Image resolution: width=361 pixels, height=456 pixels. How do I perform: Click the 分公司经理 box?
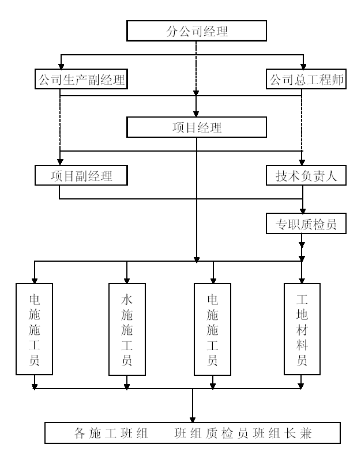(197, 31)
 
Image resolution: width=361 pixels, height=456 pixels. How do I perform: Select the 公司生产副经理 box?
(81, 79)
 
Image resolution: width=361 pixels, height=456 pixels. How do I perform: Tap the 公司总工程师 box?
(306, 79)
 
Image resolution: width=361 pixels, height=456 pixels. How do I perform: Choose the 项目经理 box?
(197, 127)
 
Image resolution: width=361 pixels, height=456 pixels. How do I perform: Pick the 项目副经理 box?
(81, 175)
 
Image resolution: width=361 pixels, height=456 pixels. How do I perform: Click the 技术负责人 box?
(306, 175)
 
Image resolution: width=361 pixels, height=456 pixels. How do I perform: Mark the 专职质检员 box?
(306, 223)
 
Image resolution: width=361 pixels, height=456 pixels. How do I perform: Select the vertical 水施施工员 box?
(127, 329)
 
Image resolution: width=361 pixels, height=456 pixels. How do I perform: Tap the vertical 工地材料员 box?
(302, 329)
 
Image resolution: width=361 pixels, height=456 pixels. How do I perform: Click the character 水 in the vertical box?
(127, 300)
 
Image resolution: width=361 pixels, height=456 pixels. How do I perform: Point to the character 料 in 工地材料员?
(302, 345)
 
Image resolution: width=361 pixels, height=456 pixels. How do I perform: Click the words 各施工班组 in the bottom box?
(111, 434)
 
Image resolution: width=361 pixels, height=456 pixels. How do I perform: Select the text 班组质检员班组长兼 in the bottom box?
(243, 434)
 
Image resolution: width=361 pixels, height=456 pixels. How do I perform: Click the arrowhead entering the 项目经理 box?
(196, 114)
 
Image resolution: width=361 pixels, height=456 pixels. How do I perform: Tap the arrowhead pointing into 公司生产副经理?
(61, 66)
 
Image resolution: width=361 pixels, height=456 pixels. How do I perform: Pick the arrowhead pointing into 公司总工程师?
(303, 66)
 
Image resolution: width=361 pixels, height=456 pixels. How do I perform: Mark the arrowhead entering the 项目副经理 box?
(60, 162)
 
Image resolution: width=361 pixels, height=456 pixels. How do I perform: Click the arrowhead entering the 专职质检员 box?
(303, 210)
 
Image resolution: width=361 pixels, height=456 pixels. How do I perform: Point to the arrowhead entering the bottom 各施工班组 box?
(192, 420)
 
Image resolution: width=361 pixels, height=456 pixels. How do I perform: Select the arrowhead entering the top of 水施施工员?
(127, 281)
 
